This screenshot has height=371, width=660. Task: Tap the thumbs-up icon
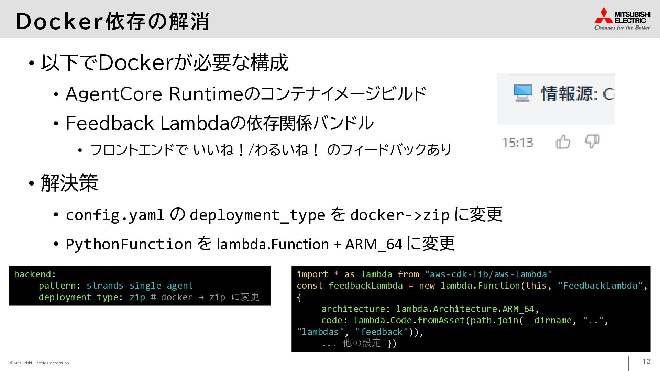click(x=563, y=142)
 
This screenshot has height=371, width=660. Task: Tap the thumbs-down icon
click(x=592, y=141)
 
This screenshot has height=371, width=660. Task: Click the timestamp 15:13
click(x=517, y=143)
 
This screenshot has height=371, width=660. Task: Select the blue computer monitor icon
click(x=522, y=93)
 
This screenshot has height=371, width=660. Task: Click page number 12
click(x=646, y=361)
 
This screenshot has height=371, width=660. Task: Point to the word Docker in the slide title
click(x=59, y=21)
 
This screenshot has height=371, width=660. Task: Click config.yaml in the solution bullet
click(x=115, y=215)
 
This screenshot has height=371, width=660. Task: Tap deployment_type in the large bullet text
click(x=257, y=215)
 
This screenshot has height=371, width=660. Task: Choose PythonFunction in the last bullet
click(x=129, y=244)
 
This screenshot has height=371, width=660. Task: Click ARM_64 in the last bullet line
click(x=374, y=244)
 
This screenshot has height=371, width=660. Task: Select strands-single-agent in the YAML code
click(x=140, y=285)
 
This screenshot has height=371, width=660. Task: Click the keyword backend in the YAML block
click(x=32, y=274)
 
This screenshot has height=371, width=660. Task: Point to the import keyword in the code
click(x=312, y=274)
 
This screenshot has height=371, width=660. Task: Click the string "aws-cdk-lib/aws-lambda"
click(x=488, y=274)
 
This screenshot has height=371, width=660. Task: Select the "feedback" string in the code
click(x=382, y=332)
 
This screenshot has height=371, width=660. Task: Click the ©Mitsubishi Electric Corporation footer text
click(x=40, y=363)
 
